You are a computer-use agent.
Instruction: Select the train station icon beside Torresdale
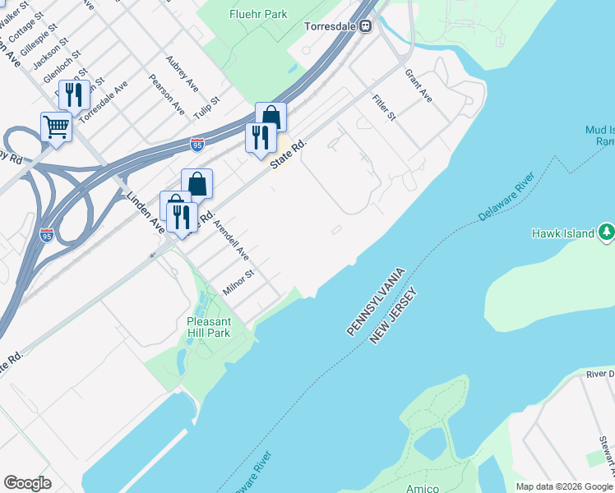click(x=365, y=25)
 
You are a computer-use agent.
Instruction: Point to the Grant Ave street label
click(x=418, y=85)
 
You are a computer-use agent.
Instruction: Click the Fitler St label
click(x=383, y=107)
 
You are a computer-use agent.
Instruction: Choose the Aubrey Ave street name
click(x=182, y=73)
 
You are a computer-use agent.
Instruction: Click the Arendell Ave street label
click(x=230, y=240)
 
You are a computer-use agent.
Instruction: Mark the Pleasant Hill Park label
click(x=208, y=326)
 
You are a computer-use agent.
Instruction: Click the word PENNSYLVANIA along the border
click(x=377, y=301)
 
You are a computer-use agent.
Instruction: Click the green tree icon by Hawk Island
click(x=607, y=233)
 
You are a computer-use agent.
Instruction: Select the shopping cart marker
click(x=56, y=127)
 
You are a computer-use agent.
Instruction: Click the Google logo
click(x=27, y=483)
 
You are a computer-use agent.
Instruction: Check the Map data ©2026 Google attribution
click(x=564, y=486)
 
